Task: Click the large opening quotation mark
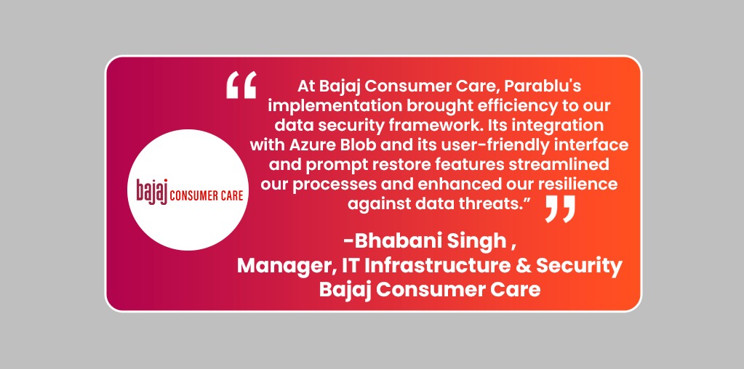pos(241,86)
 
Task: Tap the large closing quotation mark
pos(559,208)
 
